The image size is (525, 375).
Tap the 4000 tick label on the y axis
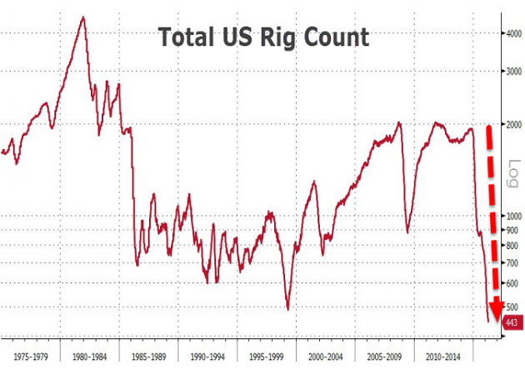(x=513, y=33)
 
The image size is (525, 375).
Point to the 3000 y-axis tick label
(x=513, y=72)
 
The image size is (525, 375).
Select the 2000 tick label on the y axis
(x=513, y=124)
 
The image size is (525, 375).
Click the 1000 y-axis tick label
(x=513, y=216)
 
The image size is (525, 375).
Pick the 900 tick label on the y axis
(x=512, y=230)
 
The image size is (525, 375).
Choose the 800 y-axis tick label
(x=512, y=246)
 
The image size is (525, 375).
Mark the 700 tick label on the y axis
(x=512, y=263)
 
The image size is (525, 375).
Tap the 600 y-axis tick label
(x=512, y=283)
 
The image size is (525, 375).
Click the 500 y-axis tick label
(x=512, y=307)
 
